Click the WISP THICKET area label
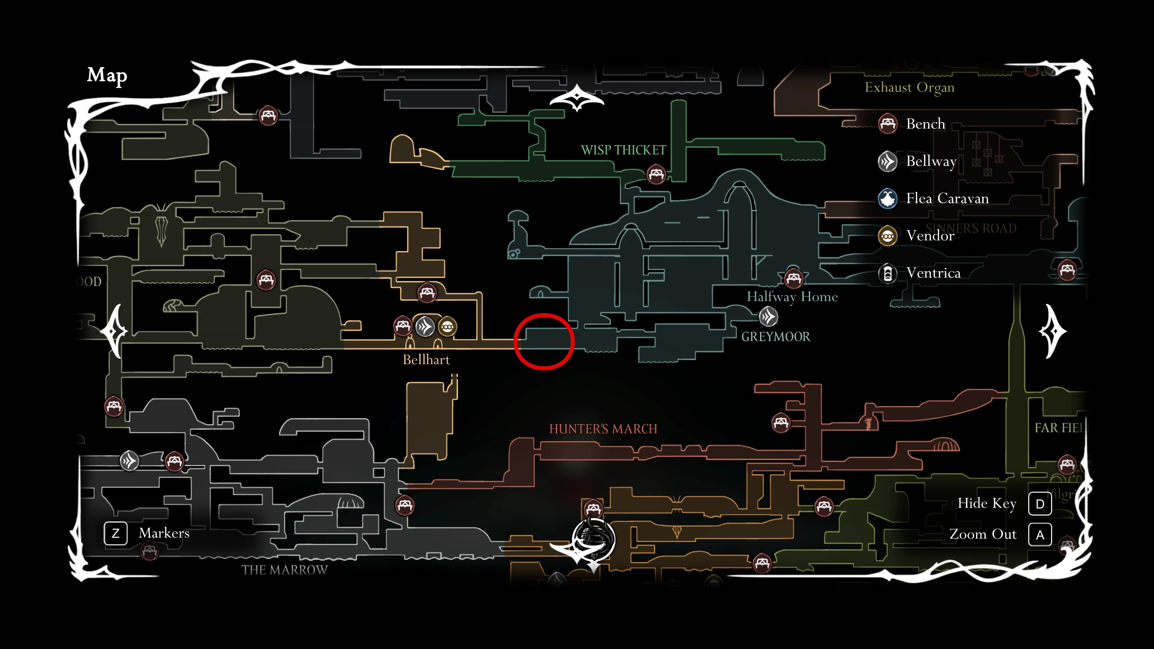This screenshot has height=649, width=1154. [x=623, y=150]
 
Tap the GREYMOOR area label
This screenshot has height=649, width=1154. [x=775, y=337]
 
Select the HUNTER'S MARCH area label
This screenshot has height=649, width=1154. [x=603, y=429]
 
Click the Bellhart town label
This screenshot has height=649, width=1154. [x=426, y=360]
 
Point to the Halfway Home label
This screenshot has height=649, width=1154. [x=792, y=297]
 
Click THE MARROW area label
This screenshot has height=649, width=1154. [x=284, y=570]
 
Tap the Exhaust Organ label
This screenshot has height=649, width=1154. [x=909, y=87]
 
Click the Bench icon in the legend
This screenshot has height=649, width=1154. [x=888, y=123]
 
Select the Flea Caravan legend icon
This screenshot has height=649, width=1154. [x=888, y=198]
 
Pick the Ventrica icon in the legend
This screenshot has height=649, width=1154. [x=888, y=273]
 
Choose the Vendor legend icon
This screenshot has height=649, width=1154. [x=888, y=236]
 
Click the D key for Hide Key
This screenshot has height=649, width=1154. [x=1040, y=504]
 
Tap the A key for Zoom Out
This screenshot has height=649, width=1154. [x=1040, y=535]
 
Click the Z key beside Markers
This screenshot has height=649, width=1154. [x=116, y=534]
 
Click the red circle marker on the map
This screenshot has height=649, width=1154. [x=544, y=342]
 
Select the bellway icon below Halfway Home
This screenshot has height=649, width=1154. [x=768, y=317]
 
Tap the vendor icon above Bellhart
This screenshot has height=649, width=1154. [x=447, y=327]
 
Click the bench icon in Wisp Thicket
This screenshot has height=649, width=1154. [x=656, y=174]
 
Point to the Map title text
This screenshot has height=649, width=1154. [x=107, y=75]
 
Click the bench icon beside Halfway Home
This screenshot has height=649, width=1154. [x=793, y=278]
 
